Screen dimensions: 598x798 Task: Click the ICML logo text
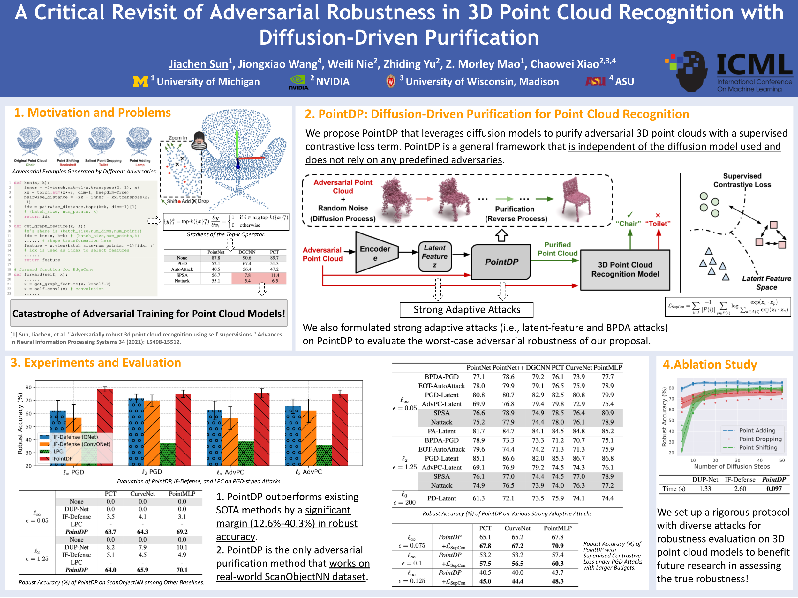754,65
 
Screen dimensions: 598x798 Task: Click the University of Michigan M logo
140,81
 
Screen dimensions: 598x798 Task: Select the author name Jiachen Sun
199,64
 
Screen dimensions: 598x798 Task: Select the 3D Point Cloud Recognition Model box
625,269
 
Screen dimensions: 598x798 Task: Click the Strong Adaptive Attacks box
466,310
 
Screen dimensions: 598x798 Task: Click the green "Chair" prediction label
628,224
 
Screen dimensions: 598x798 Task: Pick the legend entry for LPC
58,451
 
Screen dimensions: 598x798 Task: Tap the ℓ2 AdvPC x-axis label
308,472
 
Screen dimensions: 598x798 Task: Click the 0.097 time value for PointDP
774,489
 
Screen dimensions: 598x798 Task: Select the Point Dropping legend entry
760,439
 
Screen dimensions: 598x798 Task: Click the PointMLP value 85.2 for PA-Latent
607,431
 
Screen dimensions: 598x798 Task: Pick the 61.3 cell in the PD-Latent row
478,498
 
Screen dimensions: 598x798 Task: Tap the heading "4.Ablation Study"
710,365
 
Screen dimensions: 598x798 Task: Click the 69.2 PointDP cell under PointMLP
182,532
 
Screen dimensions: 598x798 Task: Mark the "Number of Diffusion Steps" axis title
732,466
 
